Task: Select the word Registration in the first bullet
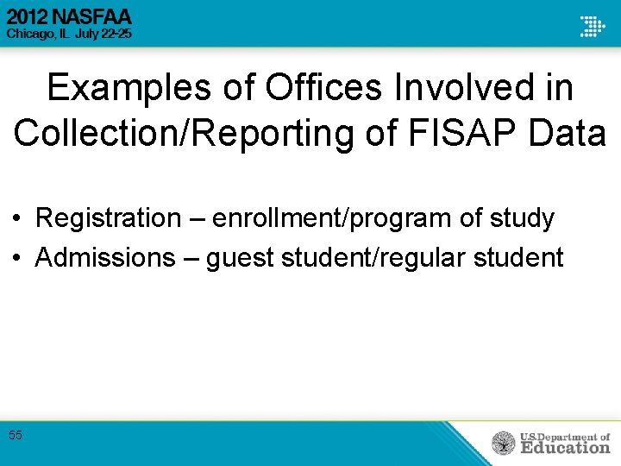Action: [108, 218]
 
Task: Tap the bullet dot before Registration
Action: [18, 219]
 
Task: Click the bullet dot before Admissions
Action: [18, 258]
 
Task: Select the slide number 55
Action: [16, 435]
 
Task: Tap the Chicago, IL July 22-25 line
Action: [69, 34]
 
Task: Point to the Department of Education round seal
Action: [503, 444]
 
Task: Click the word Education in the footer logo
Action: [565, 448]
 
